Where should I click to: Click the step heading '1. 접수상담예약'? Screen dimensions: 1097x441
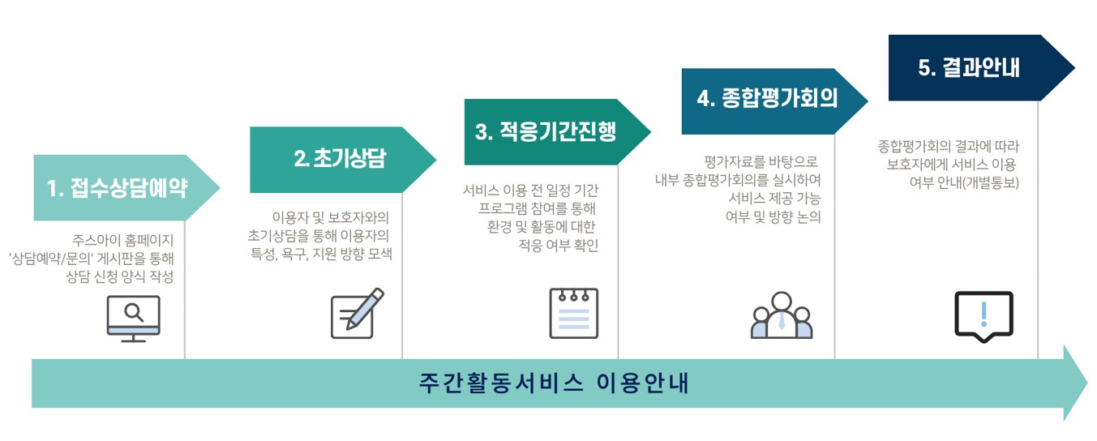pyautogui.click(x=118, y=188)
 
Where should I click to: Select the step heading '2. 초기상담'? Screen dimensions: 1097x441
pyautogui.click(x=339, y=159)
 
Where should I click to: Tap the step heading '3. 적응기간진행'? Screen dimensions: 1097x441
pyautogui.click(x=546, y=132)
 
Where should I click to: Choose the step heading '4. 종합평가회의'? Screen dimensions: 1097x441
pyautogui.click(x=767, y=97)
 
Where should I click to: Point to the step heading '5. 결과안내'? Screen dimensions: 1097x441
pyautogui.click(x=969, y=68)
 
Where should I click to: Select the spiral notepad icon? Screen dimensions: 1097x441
pyautogui.click(x=573, y=313)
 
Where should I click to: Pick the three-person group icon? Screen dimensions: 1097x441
pyautogui.click(x=781, y=315)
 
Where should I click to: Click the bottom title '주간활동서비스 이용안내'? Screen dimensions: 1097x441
pyautogui.click(x=555, y=383)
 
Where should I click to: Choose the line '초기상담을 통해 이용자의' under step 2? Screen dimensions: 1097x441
pyautogui.click(x=319, y=236)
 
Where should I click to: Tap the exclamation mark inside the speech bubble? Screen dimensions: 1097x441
pyautogui.click(x=983, y=312)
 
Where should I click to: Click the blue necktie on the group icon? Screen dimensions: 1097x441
pyautogui.click(x=781, y=321)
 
